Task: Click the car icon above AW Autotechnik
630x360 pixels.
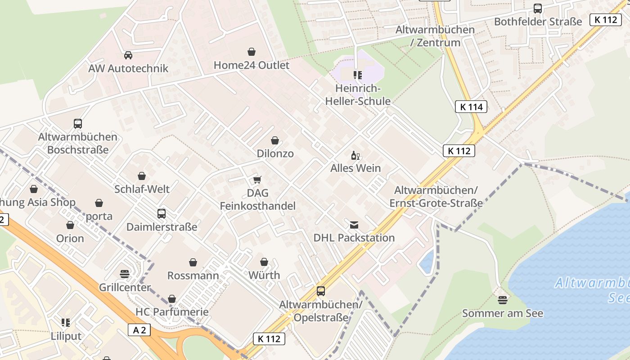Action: click(x=128, y=55)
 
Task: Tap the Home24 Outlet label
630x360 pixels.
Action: click(x=251, y=65)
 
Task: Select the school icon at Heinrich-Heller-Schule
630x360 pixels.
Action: click(x=358, y=75)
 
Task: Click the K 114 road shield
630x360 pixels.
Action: click(x=471, y=107)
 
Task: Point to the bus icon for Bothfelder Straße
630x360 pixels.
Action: click(x=537, y=8)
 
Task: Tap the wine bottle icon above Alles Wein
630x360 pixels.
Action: click(x=355, y=156)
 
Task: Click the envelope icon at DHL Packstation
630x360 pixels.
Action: click(x=354, y=225)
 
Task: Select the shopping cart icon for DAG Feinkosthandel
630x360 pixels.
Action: click(x=257, y=180)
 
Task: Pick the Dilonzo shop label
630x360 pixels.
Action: click(x=275, y=153)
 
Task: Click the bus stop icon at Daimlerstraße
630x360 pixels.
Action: click(x=162, y=213)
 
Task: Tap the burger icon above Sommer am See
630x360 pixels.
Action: click(x=503, y=300)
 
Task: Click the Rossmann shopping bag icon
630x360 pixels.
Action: click(x=193, y=262)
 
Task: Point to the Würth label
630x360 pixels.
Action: click(x=264, y=275)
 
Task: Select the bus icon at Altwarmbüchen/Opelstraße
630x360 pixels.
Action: click(x=321, y=291)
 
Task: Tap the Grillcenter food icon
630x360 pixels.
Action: click(x=125, y=274)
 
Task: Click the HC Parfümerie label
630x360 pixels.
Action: click(x=172, y=312)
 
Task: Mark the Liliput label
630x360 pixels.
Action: click(x=66, y=336)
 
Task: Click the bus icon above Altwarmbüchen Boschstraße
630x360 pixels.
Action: click(x=78, y=123)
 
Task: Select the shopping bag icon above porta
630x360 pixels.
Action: click(x=99, y=203)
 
